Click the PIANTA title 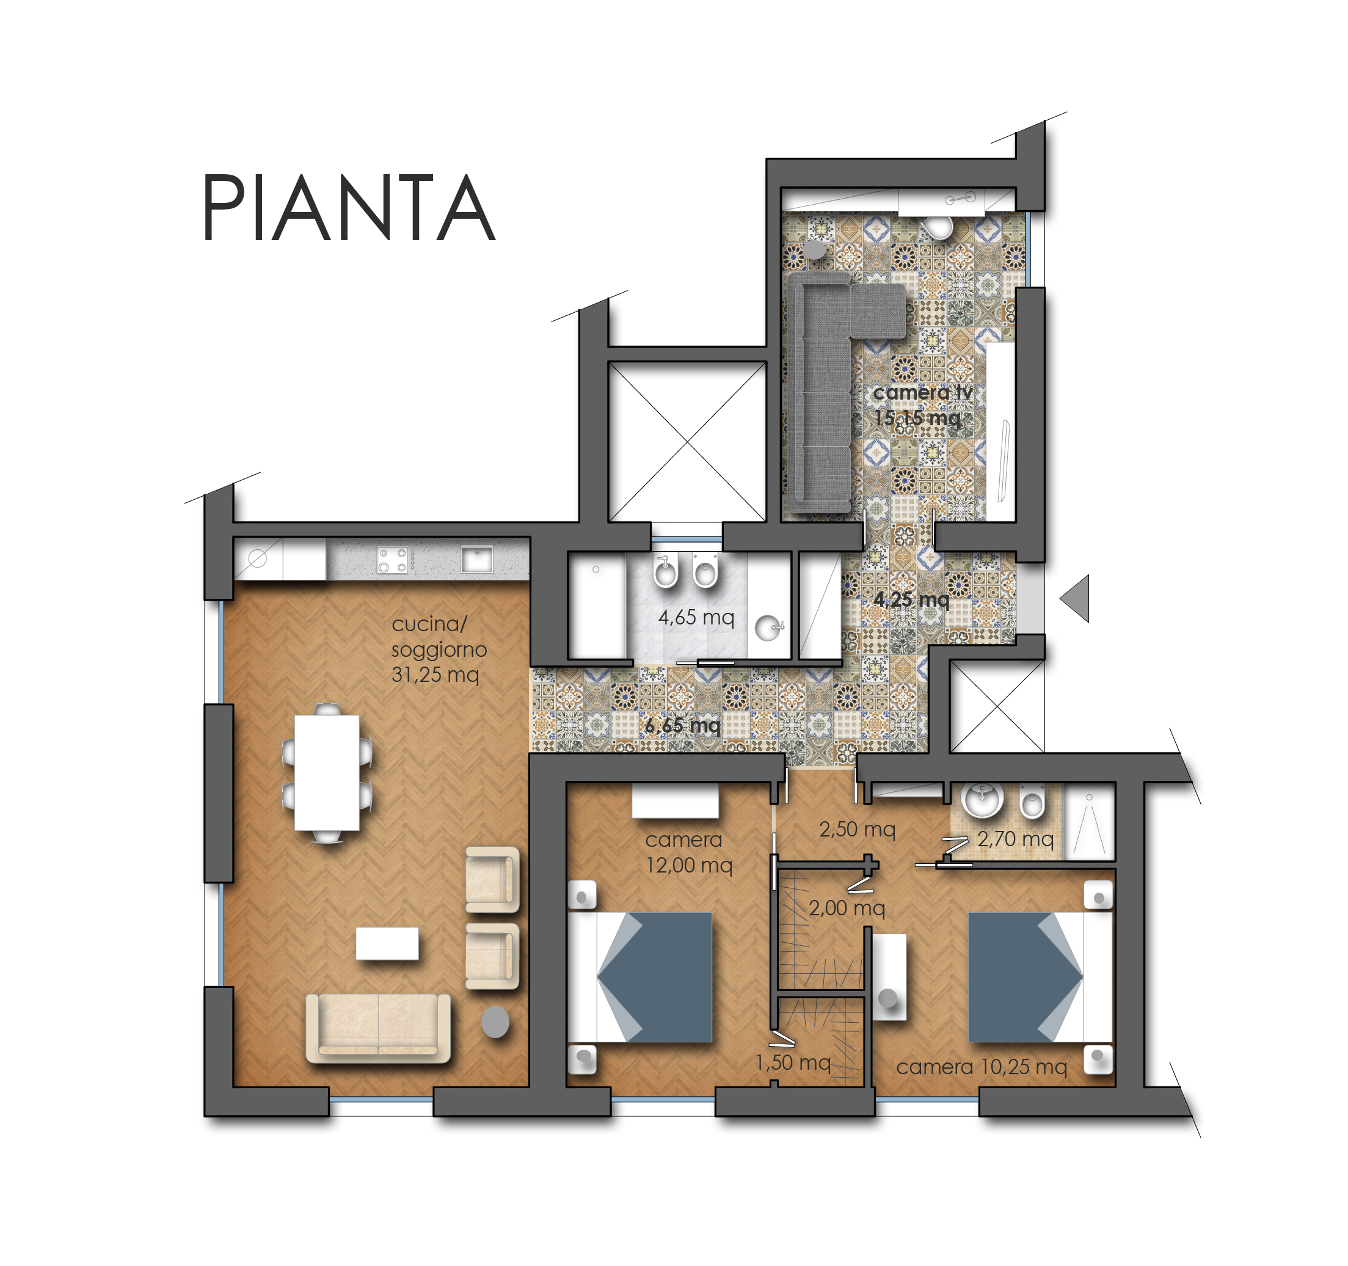point(349,207)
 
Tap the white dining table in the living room point(327,773)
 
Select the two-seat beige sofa point(377,1027)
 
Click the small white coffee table point(387,943)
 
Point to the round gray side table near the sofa point(495,1022)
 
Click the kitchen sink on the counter point(476,560)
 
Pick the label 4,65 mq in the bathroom point(696,617)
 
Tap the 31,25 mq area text point(435,675)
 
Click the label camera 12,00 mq point(688,852)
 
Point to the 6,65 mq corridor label point(682,725)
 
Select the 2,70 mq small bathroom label point(1015,840)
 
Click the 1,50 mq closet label point(793,1062)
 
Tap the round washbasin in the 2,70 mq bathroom point(983,800)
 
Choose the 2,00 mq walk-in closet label point(847,908)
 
